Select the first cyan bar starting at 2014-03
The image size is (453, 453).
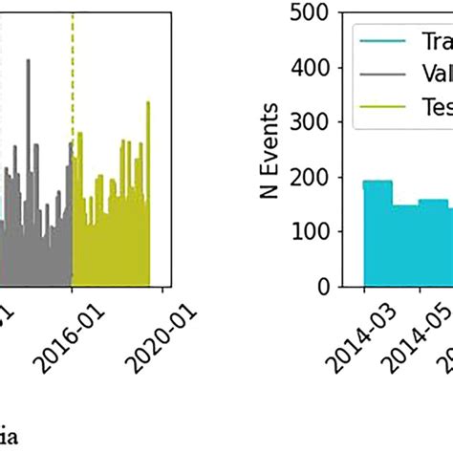point(377,233)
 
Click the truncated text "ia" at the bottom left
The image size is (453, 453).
point(11,439)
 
